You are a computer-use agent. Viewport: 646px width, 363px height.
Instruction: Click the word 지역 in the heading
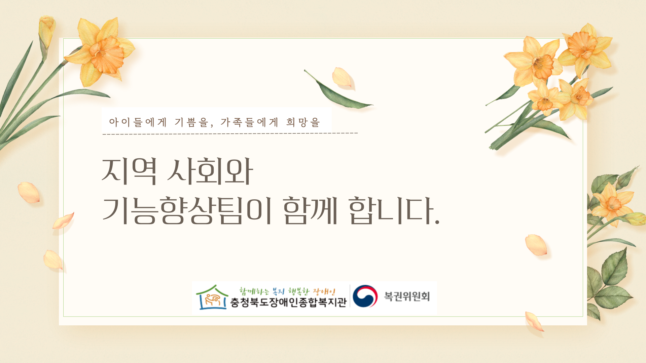pyautogui.click(x=129, y=171)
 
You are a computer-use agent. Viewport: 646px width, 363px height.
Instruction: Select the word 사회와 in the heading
pyautogui.click(x=210, y=171)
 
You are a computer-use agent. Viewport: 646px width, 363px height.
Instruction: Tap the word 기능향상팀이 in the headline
pyautogui.click(x=187, y=210)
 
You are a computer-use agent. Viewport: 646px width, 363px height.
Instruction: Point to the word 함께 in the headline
pyautogui.click(x=310, y=210)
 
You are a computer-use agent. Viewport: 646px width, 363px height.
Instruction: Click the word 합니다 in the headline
pyautogui.click(x=391, y=210)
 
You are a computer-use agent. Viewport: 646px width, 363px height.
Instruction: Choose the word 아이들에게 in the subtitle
pyautogui.click(x=138, y=122)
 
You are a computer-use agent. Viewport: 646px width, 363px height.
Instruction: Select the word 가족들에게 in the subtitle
pyautogui.click(x=249, y=122)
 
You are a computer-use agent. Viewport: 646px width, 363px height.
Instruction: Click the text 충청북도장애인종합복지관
pyautogui.click(x=288, y=302)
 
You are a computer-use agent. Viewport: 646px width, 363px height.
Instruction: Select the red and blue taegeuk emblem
pyautogui.click(x=365, y=296)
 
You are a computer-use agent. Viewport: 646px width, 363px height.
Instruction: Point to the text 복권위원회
pyautogui.click(x=407, y=296)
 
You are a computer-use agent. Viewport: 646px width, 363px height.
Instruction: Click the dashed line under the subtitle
pyautogui.click(x=230, y=134)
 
